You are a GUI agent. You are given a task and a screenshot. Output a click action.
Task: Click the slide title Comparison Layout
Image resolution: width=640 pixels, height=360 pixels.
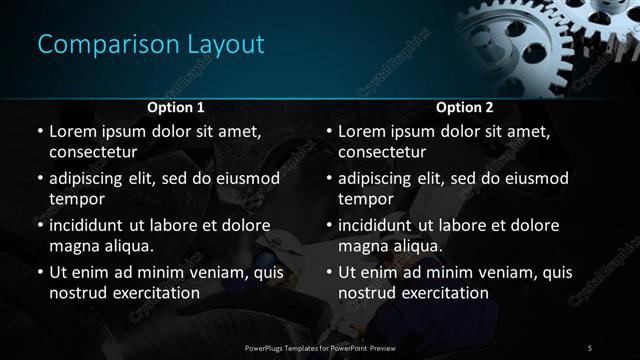(151, 45)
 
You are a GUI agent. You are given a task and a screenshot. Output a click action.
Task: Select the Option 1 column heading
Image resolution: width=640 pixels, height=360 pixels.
(176, 107)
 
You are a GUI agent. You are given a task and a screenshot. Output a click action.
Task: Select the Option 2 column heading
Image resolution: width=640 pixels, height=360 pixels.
(465, 107)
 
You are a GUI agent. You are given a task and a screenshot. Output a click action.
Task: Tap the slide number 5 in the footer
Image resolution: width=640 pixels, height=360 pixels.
(590, 347)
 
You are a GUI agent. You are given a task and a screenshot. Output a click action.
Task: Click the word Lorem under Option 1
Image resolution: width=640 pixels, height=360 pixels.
(73, 131)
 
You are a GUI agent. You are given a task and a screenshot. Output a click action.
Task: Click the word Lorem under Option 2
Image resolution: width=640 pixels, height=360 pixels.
(362, 131)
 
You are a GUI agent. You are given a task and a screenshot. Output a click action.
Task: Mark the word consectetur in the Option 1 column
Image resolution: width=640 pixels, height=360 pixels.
(92, 152)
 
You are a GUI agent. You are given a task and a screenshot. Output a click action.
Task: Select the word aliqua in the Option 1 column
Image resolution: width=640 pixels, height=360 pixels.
(129, 246)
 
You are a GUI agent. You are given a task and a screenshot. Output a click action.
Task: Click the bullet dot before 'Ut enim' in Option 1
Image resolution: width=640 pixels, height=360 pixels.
(39, 272)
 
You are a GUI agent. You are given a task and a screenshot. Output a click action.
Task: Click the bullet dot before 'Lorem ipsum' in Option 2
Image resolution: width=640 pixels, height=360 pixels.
(328, 131)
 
